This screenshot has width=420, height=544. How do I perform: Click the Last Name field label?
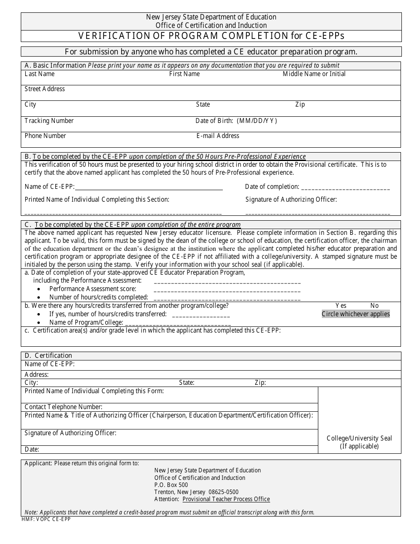[40, 74]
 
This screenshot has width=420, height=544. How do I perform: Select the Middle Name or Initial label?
[314, 74]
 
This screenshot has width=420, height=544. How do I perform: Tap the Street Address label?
[45, 89]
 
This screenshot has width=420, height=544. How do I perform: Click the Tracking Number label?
[49, 121]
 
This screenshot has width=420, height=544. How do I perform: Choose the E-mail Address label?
[218, 136]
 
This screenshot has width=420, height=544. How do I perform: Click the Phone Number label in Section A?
[45, 136]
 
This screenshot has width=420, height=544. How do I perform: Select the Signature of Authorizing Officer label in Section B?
[291, 199]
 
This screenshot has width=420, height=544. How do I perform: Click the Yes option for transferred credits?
[341, 306]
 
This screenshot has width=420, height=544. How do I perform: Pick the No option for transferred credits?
[374, 306]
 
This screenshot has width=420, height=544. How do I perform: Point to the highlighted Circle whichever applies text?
[355, 314]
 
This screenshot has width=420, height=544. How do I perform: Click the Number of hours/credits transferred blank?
[201, 315]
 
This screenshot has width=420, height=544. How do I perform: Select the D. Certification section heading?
[48, 356]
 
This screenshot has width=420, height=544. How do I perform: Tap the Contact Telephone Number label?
[64, 407]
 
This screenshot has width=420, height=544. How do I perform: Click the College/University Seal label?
[359, 438]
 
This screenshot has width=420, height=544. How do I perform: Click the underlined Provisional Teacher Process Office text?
[226, 499]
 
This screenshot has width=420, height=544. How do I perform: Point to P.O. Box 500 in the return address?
[171, 485]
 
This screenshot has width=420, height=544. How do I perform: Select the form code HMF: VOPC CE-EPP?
[46, 519]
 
